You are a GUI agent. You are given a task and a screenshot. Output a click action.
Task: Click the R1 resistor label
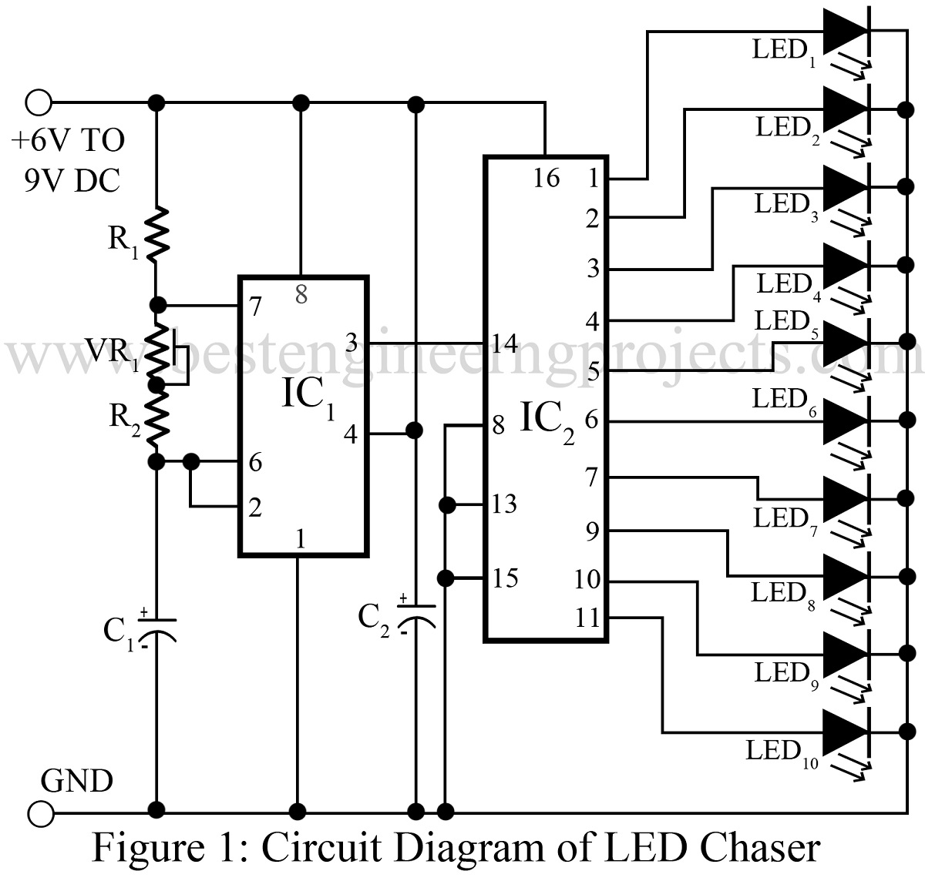point(123,241)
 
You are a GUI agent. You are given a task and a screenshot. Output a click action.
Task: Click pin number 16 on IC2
point(546,179)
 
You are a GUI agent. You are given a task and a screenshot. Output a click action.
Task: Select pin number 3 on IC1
point(351,342)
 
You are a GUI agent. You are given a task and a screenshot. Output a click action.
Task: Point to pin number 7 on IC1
point(256,307)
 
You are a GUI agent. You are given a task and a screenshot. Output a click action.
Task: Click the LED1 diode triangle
point(846,32)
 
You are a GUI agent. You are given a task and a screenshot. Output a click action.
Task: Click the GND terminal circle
point(39,812)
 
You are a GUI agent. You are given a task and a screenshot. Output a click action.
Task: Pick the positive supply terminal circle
point(39,102)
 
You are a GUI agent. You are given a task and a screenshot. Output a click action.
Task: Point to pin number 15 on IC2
point(505,578)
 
